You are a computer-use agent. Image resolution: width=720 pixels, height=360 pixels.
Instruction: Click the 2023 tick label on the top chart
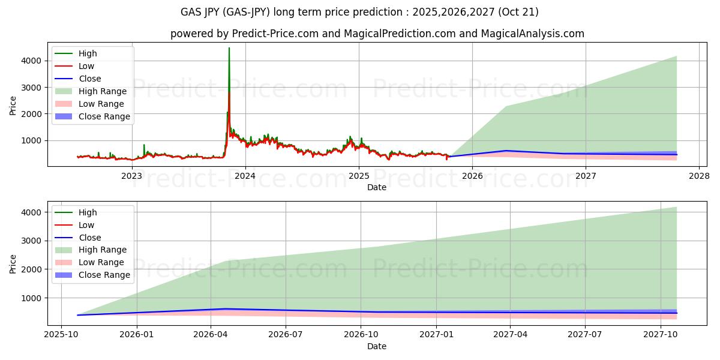click(x=131, y=176)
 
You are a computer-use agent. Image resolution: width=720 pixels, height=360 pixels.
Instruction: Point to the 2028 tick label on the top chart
click(x=699, y=176)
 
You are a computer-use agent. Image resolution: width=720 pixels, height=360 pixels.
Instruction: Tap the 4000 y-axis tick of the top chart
click(x=31, y=61)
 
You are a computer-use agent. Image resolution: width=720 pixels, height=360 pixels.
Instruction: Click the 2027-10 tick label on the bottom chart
click(x=661, y=335)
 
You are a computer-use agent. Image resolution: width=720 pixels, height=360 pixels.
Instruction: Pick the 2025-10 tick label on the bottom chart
click(x=61, y=335)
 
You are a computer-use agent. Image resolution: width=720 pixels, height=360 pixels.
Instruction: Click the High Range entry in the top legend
click(x=102, y=91)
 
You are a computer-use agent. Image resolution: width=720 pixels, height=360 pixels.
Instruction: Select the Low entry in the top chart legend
click(x=87, y=66)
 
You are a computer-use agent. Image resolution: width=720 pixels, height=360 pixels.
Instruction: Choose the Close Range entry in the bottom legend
click(x=104, y=275)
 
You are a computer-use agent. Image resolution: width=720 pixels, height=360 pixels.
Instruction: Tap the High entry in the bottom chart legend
click(x=88, y=212)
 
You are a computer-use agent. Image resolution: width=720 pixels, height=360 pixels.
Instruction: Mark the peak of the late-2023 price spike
click(x=229, y=48)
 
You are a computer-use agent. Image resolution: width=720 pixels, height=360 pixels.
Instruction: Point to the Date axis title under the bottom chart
click(x=377, y=346)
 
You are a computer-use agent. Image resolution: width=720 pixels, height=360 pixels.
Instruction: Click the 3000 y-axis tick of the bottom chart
click(x=31, y=241)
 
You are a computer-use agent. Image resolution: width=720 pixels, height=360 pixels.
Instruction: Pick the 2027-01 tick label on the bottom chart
click(x=436, y=335)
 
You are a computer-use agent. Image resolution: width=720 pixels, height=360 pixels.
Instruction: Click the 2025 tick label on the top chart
click(x=359, y=176)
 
